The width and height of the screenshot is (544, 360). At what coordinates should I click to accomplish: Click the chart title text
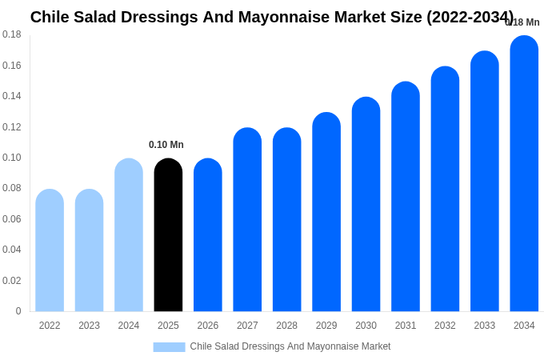click(x=272, y=17)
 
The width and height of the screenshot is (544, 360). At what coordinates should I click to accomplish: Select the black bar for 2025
click(x=168, y=235)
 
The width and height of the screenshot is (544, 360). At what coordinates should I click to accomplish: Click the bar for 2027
click(x=247, y=220)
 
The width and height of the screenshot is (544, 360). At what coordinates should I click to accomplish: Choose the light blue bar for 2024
click(x=129, y=235)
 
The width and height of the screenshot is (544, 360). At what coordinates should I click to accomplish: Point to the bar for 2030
click(x=366, y=205)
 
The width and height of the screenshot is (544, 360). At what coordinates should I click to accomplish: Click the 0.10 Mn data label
click(x=166, y=145)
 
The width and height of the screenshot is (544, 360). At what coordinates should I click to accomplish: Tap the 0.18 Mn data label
click(x=523, y=22)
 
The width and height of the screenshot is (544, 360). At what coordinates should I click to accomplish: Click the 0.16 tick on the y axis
click(x=12, y=66)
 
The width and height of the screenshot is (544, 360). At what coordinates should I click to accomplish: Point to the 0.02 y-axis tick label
click(x=12, y=281)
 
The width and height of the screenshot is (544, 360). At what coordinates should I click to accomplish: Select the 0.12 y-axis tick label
click(x=12, y=127)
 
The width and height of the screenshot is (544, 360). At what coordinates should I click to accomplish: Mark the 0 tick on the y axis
click(x=18, y=311)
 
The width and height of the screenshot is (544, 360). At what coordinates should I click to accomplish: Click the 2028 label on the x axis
click(x=286, y=326)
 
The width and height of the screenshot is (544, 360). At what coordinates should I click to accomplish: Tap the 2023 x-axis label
click(x=89, y=326)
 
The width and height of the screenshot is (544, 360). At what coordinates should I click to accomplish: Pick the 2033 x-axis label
click(x=484, y=326)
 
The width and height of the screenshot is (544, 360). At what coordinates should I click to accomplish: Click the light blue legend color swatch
click(x=169, y=347)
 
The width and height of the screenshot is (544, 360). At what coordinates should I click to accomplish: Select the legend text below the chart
click(x=290, y=346)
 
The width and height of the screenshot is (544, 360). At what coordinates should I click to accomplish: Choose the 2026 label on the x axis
click(x=208, y=326)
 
